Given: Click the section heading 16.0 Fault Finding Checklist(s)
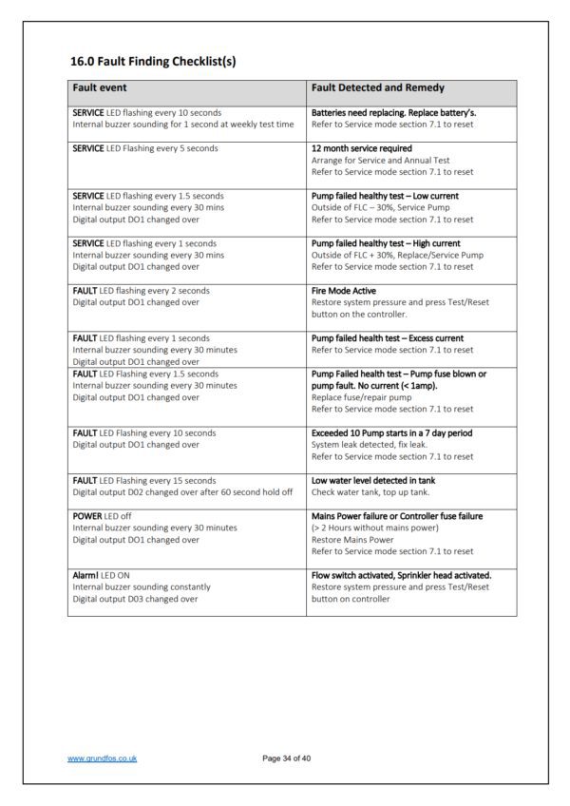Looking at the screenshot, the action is click(x=153, y=62).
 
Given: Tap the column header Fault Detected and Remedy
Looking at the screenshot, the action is click(x=377, y=88).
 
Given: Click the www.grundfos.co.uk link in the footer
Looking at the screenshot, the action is click(x=103, y=758).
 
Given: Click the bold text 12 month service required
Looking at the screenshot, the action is click(x=361, y=148).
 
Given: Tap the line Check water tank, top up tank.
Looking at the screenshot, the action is click(x=370, y=491).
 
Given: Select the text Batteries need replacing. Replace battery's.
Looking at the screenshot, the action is click(x=393, y=113).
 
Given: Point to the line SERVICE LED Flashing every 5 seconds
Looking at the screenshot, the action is click(x=144, y=148).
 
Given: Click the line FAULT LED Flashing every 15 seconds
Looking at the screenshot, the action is click(x=144, y=480).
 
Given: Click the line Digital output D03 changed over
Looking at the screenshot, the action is click(x=135, y=599).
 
